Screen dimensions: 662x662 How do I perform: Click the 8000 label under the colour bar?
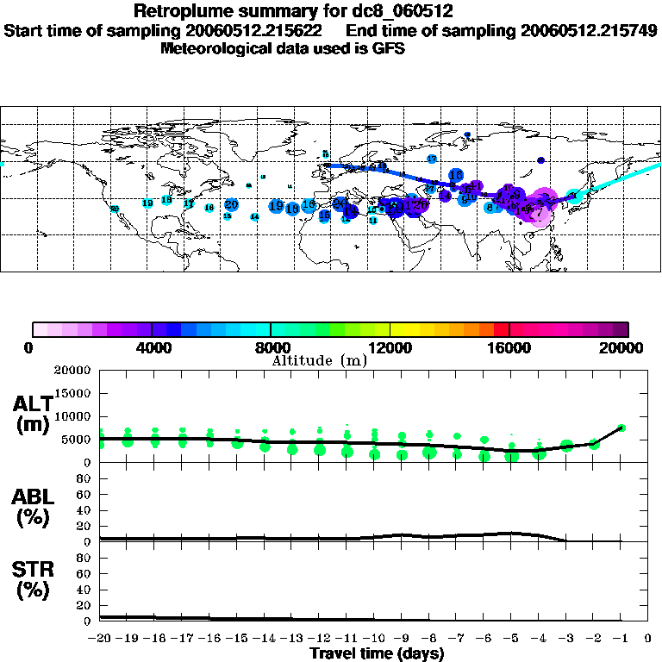coord(270,348)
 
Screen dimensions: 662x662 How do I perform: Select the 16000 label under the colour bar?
coord(509,348)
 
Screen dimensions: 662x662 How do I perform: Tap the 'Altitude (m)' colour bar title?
coord(319,360)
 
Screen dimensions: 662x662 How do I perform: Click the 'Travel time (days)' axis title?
coord(377,654)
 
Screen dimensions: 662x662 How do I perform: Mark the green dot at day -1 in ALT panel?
coord(621,428)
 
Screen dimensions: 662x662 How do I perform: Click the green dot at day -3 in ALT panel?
coord(566,446)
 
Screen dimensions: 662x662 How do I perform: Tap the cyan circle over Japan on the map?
coord(575,197)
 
